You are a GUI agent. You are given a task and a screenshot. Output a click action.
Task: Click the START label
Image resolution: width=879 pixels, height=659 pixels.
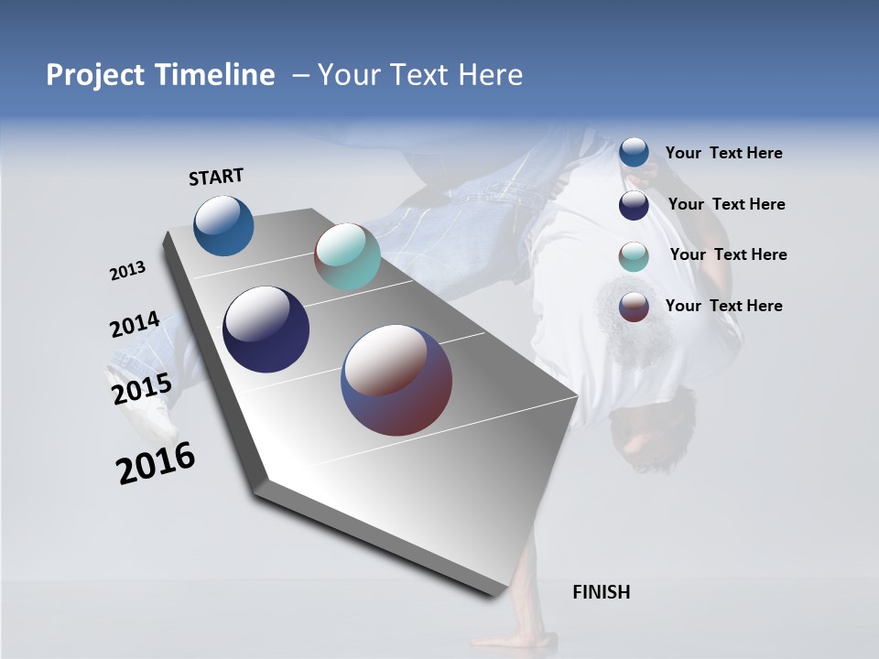coord(216,176)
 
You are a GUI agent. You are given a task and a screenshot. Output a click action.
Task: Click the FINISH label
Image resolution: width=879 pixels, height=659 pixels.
coord(601,592)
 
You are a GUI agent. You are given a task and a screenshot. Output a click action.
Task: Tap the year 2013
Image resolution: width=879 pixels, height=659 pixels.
coord(127,271)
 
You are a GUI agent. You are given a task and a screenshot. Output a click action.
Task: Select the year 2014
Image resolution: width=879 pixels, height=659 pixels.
coord(135,325)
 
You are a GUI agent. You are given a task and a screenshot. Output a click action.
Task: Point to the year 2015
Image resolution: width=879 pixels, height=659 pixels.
coord(141,388)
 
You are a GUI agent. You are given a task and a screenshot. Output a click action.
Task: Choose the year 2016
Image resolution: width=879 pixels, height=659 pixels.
coord(156,463)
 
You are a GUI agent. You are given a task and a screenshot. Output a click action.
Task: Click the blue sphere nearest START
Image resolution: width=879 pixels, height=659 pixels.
coord(223,225)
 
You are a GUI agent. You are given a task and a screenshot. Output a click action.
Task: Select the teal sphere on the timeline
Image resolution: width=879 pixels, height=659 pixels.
coord(347,256)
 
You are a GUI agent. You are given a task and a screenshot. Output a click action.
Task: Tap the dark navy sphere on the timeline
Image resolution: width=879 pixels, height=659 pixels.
coord(266,329)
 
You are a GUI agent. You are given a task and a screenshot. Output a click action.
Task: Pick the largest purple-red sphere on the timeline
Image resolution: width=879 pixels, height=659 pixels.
coord(396,380)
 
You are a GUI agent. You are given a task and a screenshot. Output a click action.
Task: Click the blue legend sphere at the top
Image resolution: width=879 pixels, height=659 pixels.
coord(634,153)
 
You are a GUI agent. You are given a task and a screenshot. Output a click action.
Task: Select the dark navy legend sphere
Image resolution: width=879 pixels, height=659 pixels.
coord(634,205)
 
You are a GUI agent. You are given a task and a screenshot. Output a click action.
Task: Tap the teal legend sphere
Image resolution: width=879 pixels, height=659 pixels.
coord(634,256)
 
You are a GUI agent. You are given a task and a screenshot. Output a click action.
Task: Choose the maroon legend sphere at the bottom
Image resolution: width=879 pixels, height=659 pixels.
coord(634,307)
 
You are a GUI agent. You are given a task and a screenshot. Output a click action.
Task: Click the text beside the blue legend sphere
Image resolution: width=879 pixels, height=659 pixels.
coord(723,154)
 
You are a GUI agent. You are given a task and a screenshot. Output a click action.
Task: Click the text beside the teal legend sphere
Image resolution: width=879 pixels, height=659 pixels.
coord(728,254)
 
